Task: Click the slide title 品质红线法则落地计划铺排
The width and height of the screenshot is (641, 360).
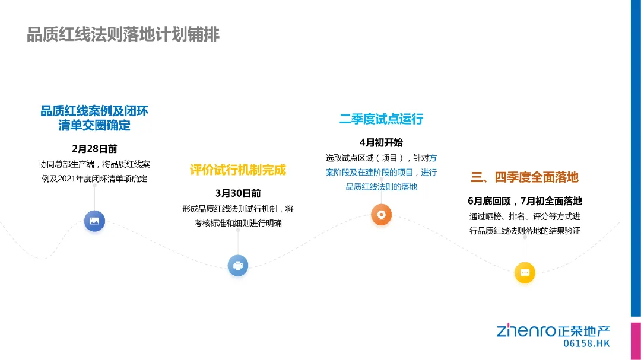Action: (123, 34)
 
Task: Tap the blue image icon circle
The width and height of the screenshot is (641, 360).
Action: (94, 221)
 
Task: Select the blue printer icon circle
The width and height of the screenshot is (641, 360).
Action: (238, 265)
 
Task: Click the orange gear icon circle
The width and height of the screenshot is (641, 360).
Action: (382, 215)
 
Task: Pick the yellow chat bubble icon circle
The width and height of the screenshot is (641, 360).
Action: (525, 273)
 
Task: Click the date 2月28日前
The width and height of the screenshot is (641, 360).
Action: (94, 149)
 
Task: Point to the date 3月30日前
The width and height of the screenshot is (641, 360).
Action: (238, 193)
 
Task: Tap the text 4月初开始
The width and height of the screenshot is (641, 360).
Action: (381, 142)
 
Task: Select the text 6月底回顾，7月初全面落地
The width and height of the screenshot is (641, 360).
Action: (525, 201)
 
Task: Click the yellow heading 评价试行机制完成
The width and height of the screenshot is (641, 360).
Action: (238, 170)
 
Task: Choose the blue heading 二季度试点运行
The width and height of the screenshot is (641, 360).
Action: (381, 119)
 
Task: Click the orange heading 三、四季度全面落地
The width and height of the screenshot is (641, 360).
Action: (525, 177)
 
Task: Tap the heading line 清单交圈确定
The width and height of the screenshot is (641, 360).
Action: (94, 126)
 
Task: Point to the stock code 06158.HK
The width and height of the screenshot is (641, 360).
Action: (586, 344)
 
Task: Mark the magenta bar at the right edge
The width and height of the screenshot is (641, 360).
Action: (635, 341)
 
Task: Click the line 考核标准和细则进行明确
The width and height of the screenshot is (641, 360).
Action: (238, 224)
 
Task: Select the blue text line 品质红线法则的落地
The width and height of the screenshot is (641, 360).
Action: (381, 187)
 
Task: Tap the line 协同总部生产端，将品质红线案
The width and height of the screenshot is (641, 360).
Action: (94, 164)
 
